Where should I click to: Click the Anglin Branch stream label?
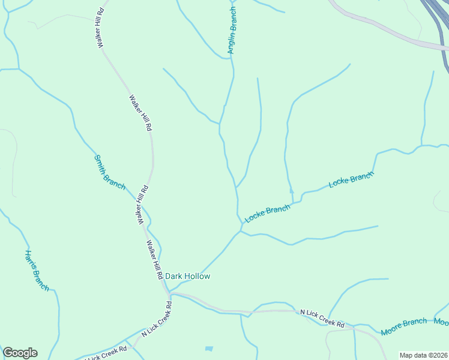(232, 30)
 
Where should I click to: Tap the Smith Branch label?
(109, 172)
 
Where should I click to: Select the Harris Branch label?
(37, 270)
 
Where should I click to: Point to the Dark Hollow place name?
(188, 277)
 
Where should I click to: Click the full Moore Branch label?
(403, 326)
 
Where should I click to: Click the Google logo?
(20, 353)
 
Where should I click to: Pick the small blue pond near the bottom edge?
(208, 349)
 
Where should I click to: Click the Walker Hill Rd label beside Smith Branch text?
(142, 205)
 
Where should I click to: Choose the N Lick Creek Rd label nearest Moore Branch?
(322, 319)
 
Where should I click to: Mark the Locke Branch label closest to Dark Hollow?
(268, 214)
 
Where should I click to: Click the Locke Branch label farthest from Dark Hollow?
(351, 180)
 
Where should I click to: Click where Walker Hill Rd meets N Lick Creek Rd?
(169, 293)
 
